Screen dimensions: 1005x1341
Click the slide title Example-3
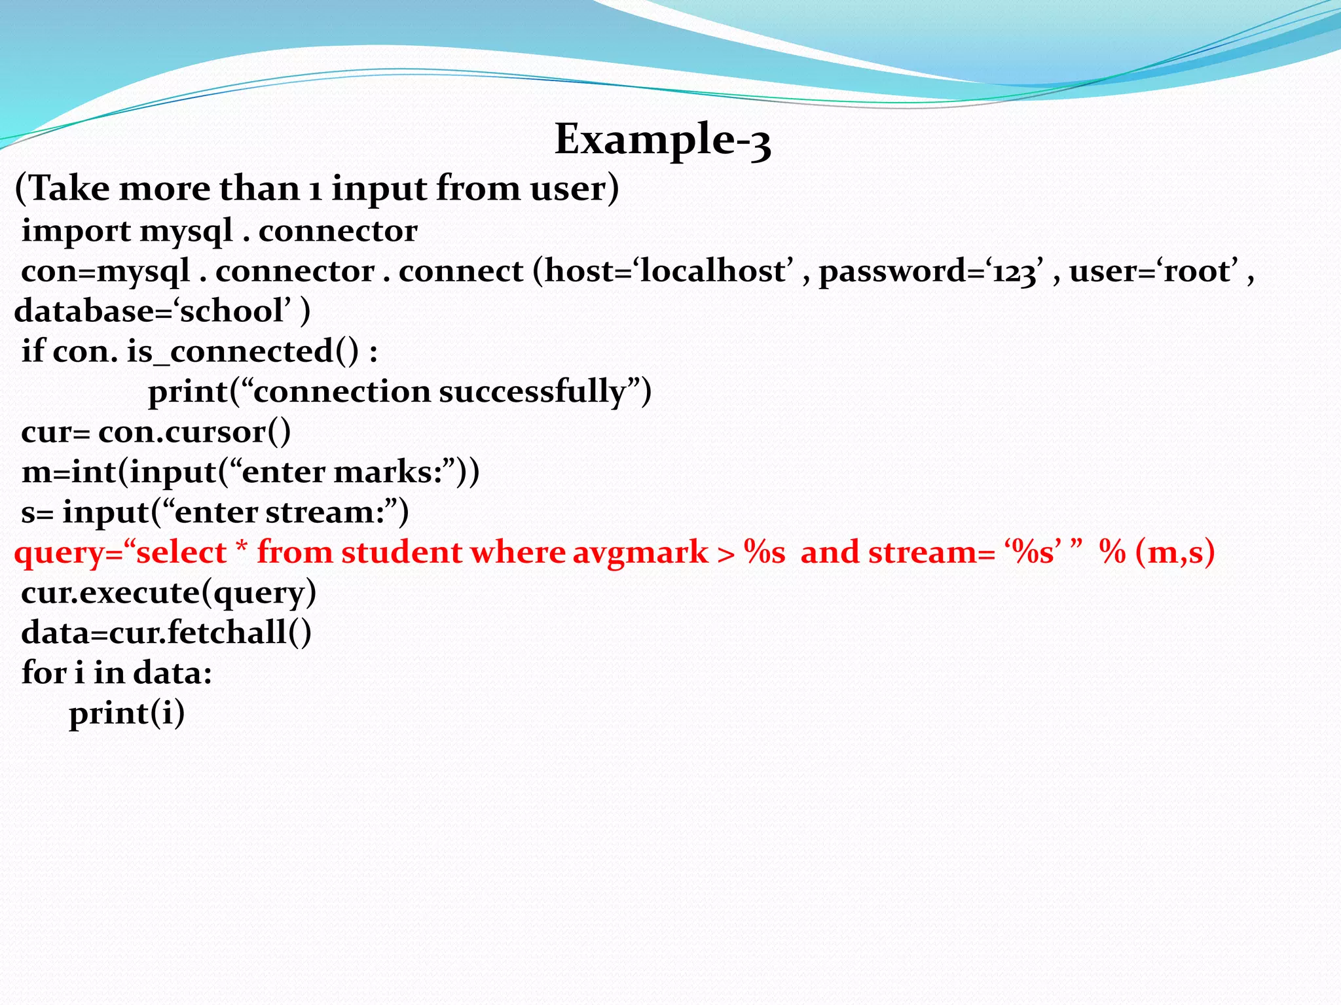pyautogui.click(x=663, y=139)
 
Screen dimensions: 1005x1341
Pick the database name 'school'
pyautogui.click(x=232, y=311)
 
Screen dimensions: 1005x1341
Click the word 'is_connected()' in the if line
pyautogui.click(x=243, y=352)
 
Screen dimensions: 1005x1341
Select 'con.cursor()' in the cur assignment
pyautogui.click(x=194, y=432)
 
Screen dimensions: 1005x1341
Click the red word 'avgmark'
pyautogui.click(x=640, y=553)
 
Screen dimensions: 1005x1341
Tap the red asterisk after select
pyautogui.click(x=242, y=548)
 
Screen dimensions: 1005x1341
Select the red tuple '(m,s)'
pyautogui.click(x=1175, y=553)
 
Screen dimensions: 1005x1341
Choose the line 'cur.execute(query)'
pyautogui.click(x=168, y=593)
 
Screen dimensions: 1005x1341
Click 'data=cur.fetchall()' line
pyautogui.click(x=166, y=633)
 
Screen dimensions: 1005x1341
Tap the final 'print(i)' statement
pyautogui.click(x=127, y=713)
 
